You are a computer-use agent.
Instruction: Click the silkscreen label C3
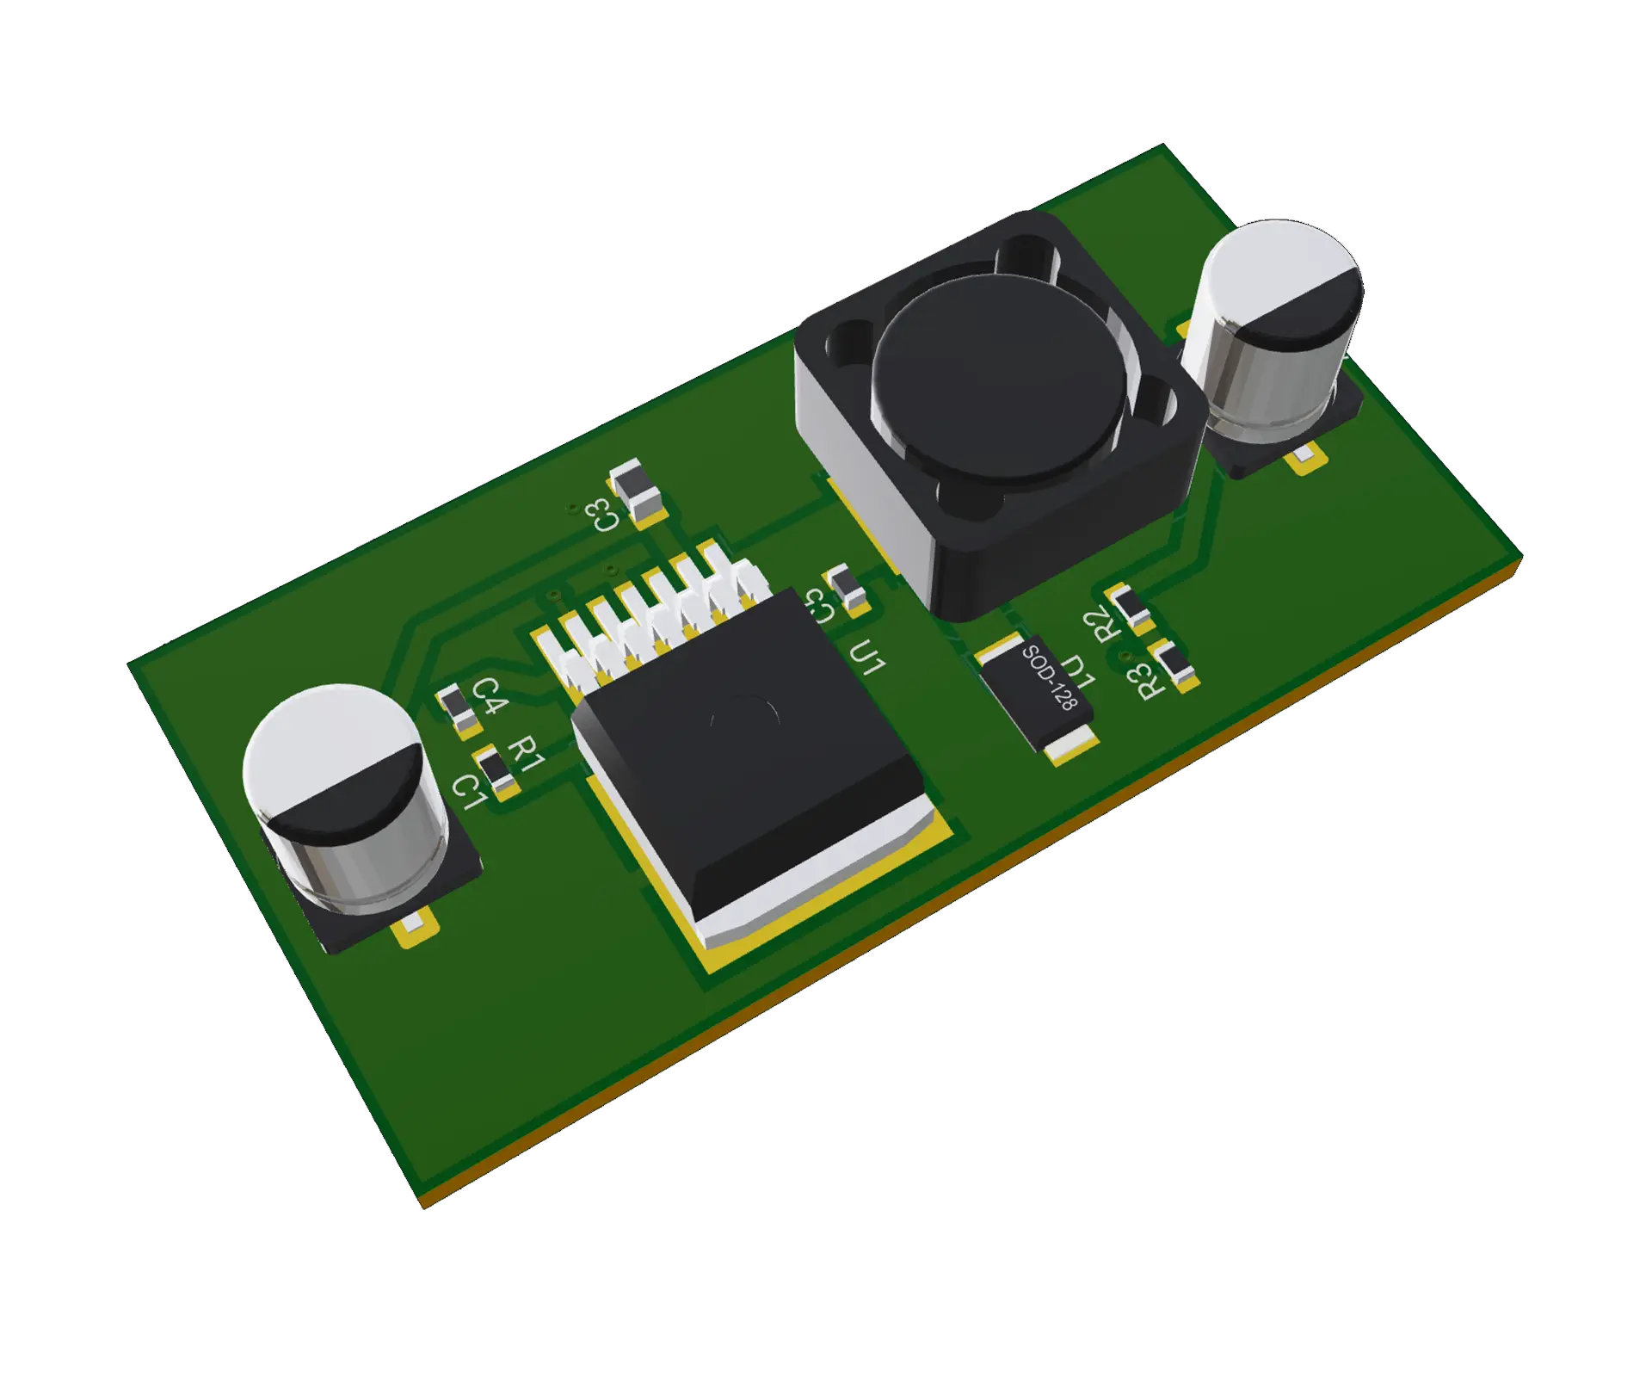tap(602, 515)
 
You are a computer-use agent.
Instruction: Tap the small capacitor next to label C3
tap(635, 492)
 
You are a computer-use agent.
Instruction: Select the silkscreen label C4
tap(488, 695)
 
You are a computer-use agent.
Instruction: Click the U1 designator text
tap(866, 658)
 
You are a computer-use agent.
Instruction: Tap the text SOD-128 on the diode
tap(1049, 678)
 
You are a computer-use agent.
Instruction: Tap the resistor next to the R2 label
tap(1131, 607)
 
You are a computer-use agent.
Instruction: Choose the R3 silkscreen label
tap(1149, 681)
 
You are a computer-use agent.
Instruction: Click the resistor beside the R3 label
tap(1177, 664)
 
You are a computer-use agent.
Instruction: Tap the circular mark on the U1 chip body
tap(745, 721)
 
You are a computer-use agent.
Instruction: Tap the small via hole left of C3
tap(570, 509)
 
